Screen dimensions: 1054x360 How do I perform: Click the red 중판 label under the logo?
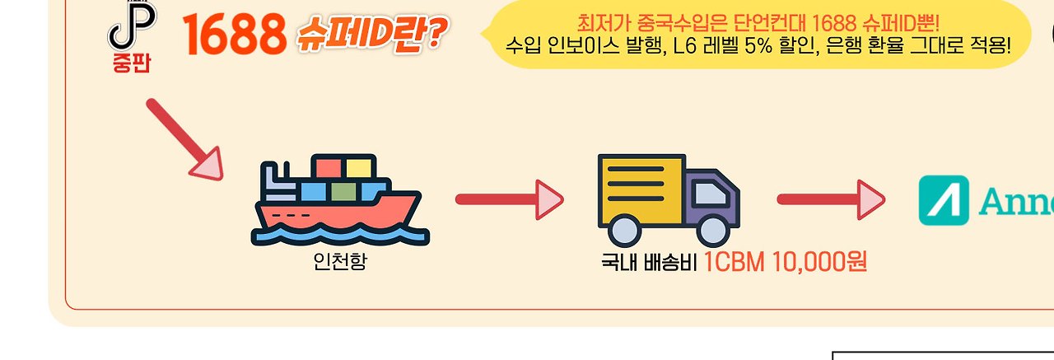(132, 63)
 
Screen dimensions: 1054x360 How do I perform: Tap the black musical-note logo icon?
(132, 26)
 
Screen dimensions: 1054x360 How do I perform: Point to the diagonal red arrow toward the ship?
(184, 138)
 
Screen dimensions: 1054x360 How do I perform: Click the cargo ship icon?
(338, 201)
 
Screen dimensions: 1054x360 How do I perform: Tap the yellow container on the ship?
(360, 168)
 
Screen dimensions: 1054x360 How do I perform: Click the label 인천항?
(340, 263)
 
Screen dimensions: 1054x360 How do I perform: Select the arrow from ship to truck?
(509, 199)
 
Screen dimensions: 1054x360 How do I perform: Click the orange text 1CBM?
(735, 263)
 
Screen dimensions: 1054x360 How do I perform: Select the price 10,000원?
(820, 263)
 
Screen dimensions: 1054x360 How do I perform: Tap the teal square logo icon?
(944, 200)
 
